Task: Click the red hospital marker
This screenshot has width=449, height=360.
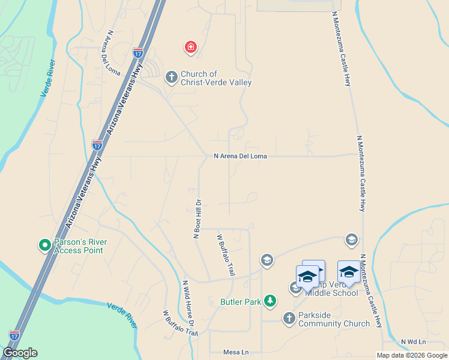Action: tap(190, 47)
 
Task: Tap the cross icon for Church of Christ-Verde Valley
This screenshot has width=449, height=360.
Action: tap(171, 77)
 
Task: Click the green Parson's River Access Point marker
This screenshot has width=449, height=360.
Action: tap(44, 245)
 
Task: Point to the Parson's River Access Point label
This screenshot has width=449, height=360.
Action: tap(80, 246)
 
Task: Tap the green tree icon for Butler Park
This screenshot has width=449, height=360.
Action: tap(271, 301)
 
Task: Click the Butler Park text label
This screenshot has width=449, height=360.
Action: tap(241, 302)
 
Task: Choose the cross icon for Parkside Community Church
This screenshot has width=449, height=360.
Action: tap(289, 318)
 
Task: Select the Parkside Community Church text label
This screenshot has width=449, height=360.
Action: tap(334, 319)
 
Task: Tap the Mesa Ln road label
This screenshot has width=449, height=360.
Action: tap(235, 352)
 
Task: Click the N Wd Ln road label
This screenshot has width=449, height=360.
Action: tap(413, 341)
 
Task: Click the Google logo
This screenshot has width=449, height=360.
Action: tap(20, 353)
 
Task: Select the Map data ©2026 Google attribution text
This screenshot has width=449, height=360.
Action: tap(412, 355)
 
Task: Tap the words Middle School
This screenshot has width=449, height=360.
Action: tap(331, 293)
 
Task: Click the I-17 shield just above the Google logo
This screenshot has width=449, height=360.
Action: tap(14, 335)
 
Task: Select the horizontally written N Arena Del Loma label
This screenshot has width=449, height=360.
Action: tap(240, 156)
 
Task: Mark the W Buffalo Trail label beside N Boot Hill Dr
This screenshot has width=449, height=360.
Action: tap(225, 255)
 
